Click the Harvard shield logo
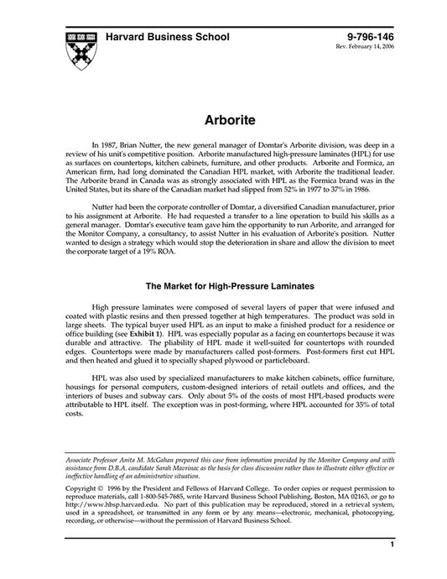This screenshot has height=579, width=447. tap(79, 50)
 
